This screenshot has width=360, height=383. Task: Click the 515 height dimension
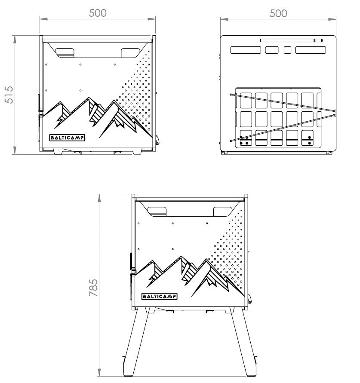pos(9,94)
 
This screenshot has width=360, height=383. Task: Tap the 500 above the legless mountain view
pos(98,13)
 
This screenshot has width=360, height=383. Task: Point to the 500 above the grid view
pos(278,13)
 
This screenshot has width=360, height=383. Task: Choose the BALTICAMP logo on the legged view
pos(159,296)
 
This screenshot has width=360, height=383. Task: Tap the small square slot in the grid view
pos(288,50)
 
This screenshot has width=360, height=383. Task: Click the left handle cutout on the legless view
pos(65,52)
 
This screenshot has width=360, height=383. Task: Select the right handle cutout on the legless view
pos(130,52)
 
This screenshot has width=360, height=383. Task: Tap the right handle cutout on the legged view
pos(222,211)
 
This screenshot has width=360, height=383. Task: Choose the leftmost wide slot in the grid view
pos(246,50)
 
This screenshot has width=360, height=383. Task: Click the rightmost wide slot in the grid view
pos(310,50)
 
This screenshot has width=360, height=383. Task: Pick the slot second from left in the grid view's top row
pos(272,50)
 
